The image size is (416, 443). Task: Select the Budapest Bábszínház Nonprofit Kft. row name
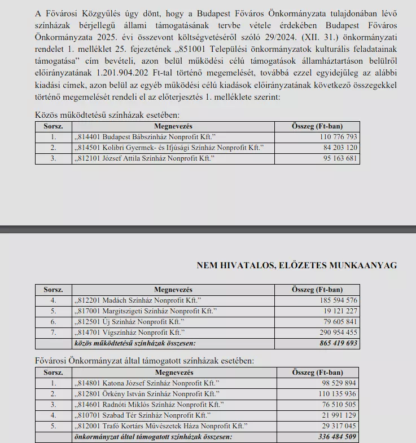145,137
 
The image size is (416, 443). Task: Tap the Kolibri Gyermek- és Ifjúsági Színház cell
169,148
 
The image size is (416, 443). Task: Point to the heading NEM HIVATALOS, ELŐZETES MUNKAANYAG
296,265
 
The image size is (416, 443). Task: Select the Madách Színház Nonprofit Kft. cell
138,300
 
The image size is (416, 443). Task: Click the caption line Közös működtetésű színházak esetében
107,115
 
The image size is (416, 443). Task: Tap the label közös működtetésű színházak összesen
135,343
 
